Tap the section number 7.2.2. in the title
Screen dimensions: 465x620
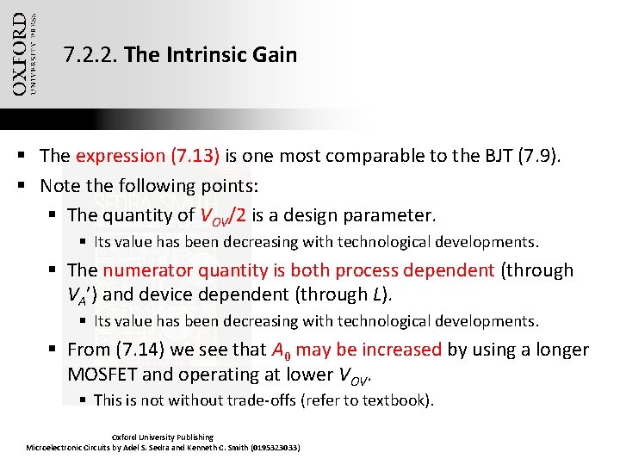click(91, 56)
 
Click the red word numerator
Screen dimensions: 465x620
click(147, 270)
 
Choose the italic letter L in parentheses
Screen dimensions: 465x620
click(378, 294)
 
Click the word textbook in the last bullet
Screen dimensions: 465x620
click(394, 400)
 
